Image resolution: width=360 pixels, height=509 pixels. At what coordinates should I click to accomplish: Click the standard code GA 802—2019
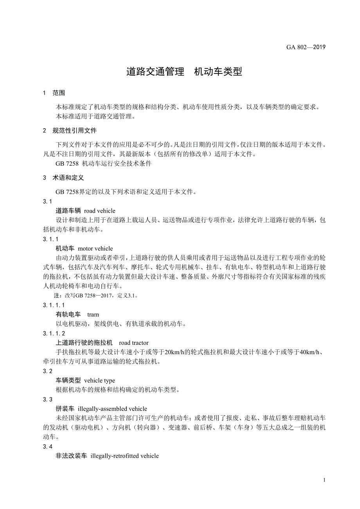click(x=306, y=47)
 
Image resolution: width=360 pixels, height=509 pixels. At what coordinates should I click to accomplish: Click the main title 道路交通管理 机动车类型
click(x=184, y=72)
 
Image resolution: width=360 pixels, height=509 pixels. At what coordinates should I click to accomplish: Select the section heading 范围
click(x=59, y=93)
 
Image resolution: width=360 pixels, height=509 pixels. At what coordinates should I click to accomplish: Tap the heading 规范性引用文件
click(x=74, y=130)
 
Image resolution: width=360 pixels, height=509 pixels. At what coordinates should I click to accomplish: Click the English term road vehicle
click(x=100, y=211)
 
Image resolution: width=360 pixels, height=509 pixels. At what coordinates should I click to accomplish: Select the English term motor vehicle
click(x=95, y=249)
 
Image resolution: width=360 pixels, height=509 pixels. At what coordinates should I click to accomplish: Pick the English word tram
click(x=93, y=314)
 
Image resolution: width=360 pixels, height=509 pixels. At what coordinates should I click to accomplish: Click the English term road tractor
click(x=134, y=343)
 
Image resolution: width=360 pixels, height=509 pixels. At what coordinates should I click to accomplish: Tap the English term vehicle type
click(x=99, y=380)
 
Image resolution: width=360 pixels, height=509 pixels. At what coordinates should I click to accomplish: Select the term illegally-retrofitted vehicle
click(x=124, y=456)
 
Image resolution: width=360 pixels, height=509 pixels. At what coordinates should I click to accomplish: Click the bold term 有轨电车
click(x=68, y=314)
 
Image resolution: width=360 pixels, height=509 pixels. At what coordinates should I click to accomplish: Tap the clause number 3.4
click(x=48, y=446)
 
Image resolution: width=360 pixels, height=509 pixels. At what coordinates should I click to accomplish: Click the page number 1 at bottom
click(x=325, y=480)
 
